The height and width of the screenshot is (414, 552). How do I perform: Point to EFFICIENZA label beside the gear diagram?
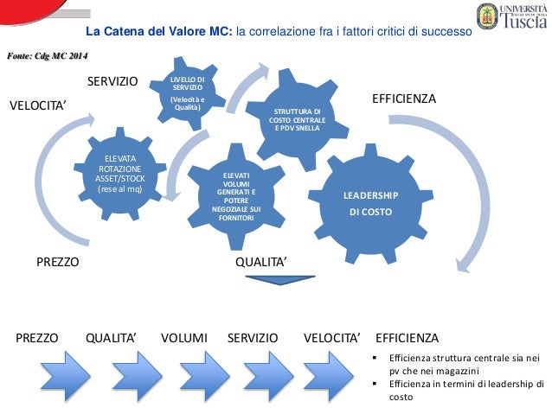(404, 99)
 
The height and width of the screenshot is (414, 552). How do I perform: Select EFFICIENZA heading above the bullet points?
(407, 337)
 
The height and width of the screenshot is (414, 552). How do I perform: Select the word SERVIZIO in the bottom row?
(253, 337)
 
